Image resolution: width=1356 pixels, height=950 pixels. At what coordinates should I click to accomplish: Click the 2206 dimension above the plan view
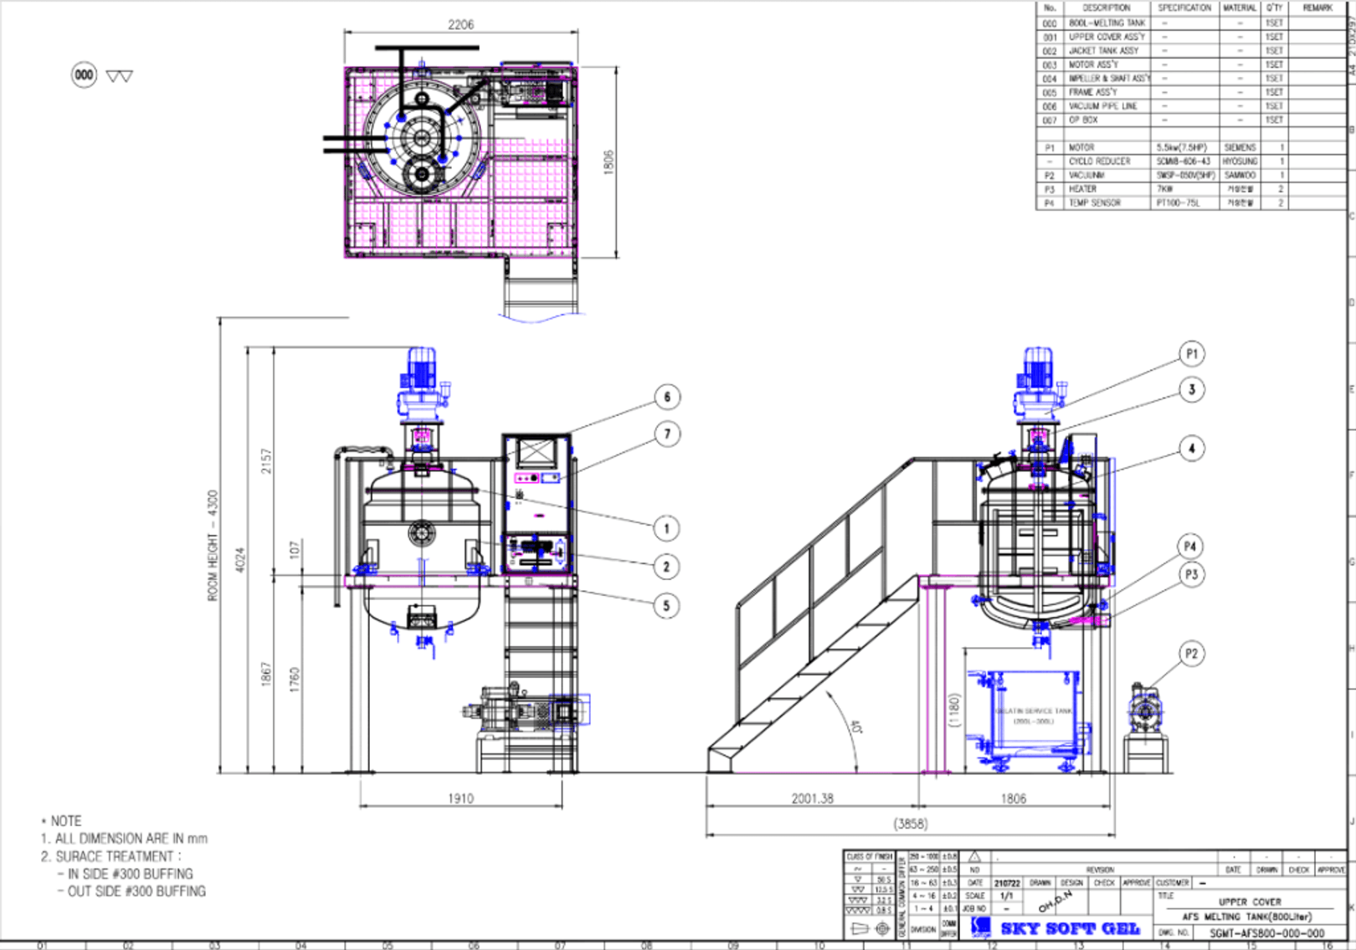(x=460, y=24)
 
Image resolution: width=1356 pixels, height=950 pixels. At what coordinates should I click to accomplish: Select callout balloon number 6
(x=667, y=397)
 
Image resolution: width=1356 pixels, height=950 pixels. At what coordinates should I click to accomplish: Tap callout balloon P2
(x=1191, y=654)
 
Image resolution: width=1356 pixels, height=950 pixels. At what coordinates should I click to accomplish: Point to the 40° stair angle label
(x=855, y=727)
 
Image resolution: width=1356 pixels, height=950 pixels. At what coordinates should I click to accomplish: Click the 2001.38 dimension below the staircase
(x=812, y=799)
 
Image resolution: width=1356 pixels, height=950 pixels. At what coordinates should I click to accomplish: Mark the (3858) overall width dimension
(x=910, y=824)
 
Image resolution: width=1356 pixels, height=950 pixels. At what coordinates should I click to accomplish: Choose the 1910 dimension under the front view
(x=460, y=799)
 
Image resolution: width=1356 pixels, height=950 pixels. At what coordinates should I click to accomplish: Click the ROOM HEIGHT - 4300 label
(x=213, y=545)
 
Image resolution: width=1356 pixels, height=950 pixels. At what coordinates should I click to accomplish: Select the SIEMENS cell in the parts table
(x=1240, y=147)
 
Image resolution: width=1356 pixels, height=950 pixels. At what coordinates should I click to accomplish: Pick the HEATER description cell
(x=1082, y=189)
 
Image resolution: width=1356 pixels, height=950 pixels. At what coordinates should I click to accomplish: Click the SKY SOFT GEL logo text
(x=1070, y=928)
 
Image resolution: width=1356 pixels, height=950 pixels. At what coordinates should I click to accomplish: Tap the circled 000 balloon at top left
(x=84, y=74)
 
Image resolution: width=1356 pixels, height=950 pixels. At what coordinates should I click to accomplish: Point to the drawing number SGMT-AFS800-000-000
(x=1266, y=933)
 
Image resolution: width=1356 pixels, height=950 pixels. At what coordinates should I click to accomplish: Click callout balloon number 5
(x=666, y=606)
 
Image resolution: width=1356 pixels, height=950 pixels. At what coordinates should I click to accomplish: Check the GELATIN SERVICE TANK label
(x=1033, y=711)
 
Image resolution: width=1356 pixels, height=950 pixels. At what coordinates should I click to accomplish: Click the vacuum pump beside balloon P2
(x=1144, y=711)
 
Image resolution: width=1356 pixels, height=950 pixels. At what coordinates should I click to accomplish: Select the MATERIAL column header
(x=1239, y=8)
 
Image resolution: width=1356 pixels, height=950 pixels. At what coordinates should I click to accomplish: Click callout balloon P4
(x=1190, y=547)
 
